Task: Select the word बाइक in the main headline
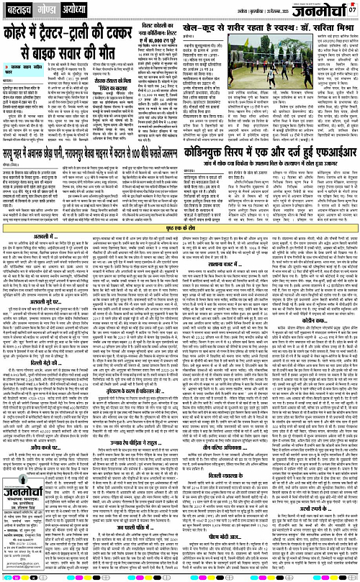click(63, 55)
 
